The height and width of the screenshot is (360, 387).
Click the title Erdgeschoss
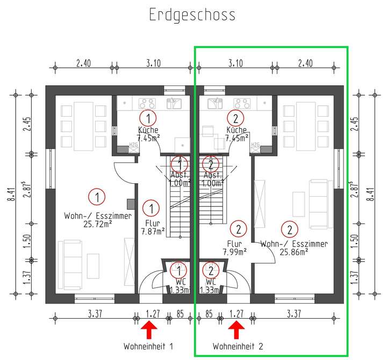click(192, 15)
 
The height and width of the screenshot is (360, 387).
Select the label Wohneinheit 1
click(149, 345)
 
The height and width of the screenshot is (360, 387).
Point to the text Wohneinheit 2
click(238, 345)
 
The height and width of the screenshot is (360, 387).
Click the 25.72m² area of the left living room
click(97, 225)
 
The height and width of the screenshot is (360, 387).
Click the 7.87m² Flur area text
click(152, 232)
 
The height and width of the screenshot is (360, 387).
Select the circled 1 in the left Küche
click(148, 117)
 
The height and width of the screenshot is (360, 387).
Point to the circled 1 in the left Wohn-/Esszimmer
click(97, 197)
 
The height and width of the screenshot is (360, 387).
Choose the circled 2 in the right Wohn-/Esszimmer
click(290, 229)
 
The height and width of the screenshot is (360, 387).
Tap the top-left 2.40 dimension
click(83, 63)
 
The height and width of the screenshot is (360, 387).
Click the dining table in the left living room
click(83, 126)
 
